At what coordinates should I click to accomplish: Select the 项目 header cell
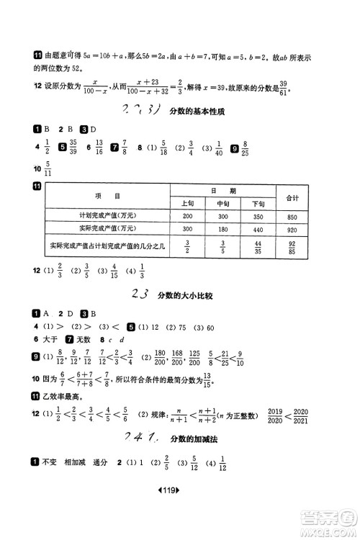pyautogui.click(x=107, y=197)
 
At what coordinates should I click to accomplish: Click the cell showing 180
pyautogui.click(x=222, y=229)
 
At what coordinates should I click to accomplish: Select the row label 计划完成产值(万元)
pyautogui.click(x=107, y=216)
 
